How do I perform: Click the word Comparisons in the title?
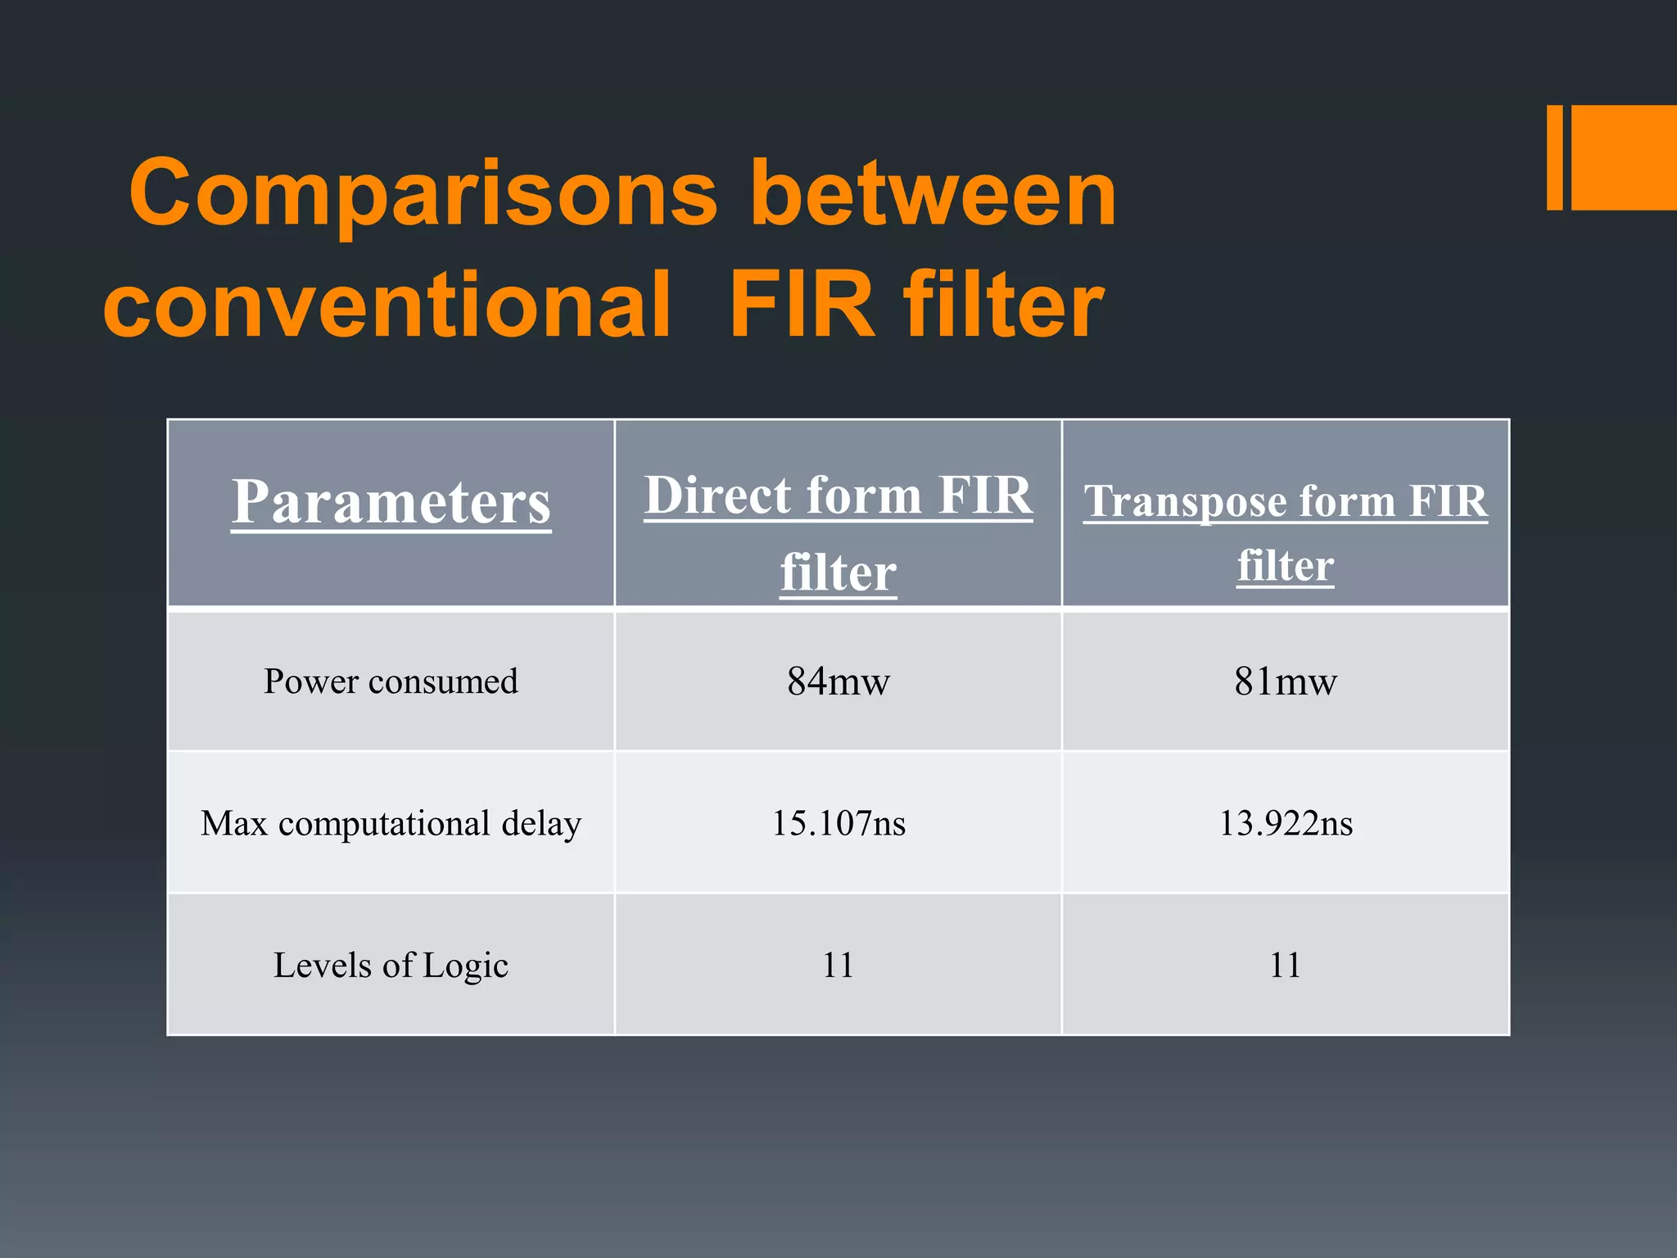pos(423,195)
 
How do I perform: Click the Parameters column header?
pos(391,502)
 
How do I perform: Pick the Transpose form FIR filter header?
pos(1285,532)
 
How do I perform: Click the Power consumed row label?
pos(391,681)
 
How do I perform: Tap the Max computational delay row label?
pos(391,823)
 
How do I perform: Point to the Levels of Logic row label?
pos(391,966)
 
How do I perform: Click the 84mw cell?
pos(838,681)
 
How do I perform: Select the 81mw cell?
pos(1285,681)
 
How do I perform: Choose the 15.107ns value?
pos(838,823)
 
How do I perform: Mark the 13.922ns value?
pos(1285,823)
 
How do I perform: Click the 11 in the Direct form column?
pos(838,966)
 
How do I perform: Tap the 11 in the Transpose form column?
pos(1285,966)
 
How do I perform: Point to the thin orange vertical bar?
pos(1554,157)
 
